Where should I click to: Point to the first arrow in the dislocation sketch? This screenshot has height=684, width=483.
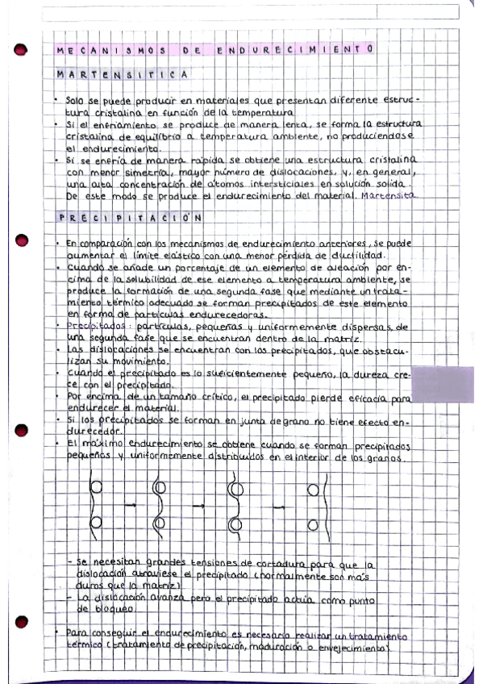pyautogui.click(x=129, y=505)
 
